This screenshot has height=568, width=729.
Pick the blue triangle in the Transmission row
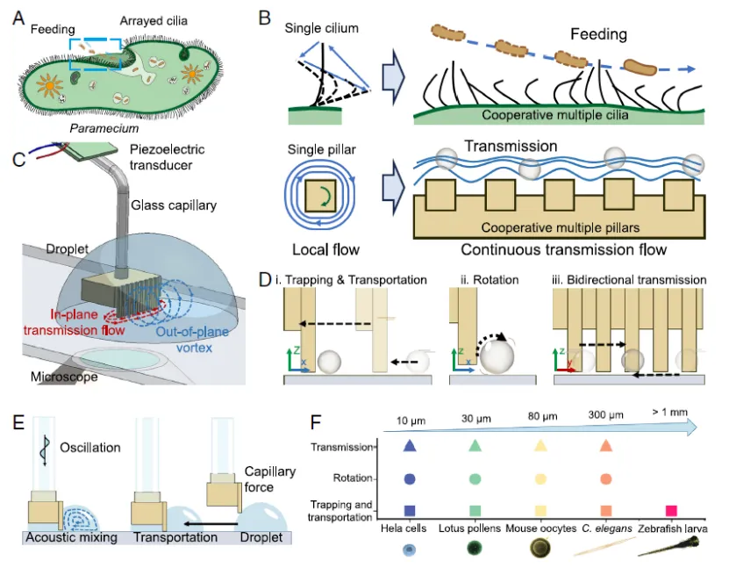click(x=409, y=446)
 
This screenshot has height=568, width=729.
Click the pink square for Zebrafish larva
click(x=672, y=510)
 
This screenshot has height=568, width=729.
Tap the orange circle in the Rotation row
click(x=606, y=479)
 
